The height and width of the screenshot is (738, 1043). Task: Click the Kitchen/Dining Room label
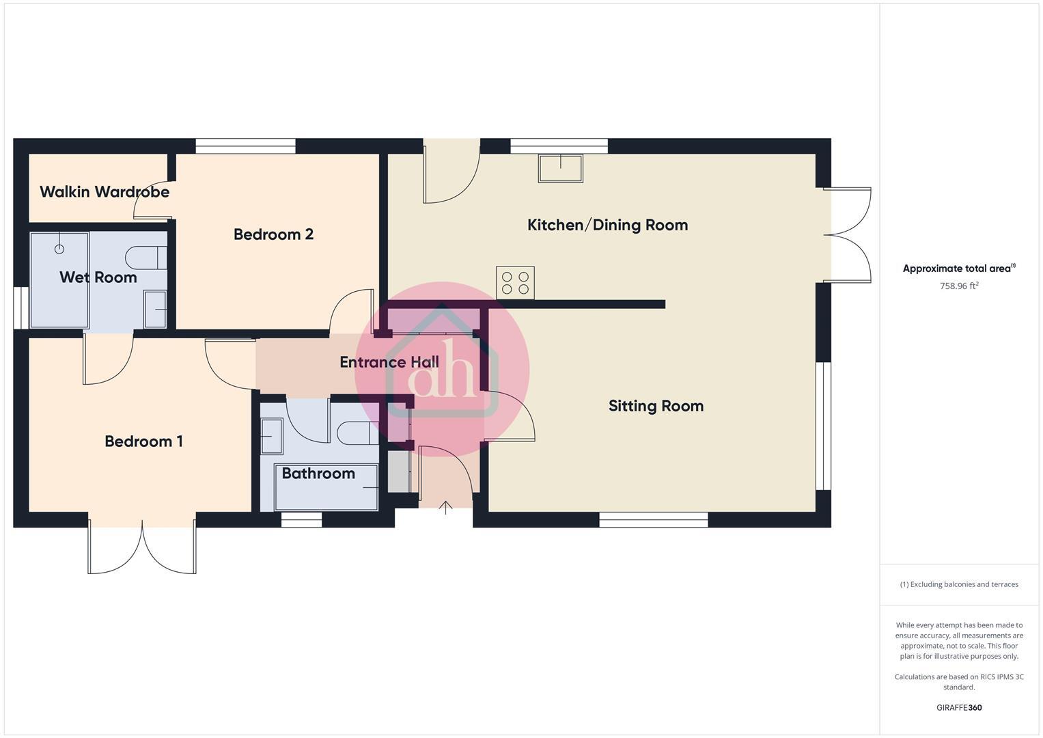coord(607,225)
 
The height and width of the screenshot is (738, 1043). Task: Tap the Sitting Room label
coord(656,406)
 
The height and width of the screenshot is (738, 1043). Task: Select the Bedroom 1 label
coord(143,441)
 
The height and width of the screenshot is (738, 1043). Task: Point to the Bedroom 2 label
coord(273,234)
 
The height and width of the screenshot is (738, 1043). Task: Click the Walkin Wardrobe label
coord(105,192)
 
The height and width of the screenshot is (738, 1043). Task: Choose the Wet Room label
coord(98,277)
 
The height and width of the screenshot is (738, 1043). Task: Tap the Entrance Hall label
coord(389,362)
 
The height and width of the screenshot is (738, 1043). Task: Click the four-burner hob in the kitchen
coord(515,283)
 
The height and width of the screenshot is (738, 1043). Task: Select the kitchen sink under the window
coord(560,168)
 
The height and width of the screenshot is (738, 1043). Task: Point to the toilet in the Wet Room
coord(145,258)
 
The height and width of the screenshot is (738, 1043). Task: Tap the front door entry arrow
coord(445,507)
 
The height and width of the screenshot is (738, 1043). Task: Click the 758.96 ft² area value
coord(959,286)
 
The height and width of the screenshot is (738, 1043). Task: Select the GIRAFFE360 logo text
coord(959,708)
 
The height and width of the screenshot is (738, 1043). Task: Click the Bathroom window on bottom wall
coord(301,521)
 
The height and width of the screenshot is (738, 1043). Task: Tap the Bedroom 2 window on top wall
coord(245,146)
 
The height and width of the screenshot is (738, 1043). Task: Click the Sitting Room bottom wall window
coord(654,520)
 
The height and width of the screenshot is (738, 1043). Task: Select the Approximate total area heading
coord(958,269)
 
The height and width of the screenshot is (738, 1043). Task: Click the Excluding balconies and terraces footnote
coord(959,584)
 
